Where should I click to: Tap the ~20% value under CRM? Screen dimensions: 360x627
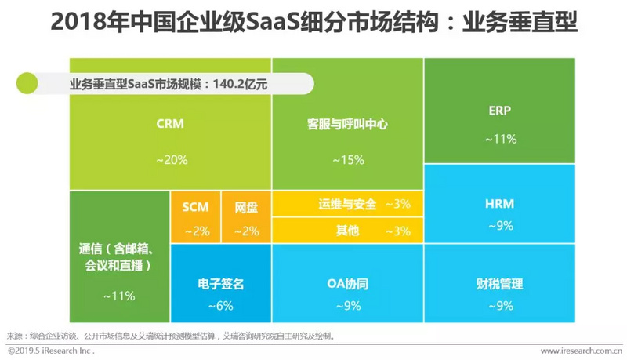tap(171, 160)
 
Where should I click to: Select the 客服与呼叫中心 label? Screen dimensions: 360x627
tap(347, 124)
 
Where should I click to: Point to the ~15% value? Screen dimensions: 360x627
tap(347, 160)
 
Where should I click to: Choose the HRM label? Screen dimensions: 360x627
tap(499, 204)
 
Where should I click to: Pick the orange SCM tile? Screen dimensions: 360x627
tap(196, 217)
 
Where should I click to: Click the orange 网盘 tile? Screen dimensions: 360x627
tap(246, 217)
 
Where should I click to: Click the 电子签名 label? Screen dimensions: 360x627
tap(221, 284)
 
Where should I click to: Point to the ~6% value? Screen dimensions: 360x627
tap(221, 306)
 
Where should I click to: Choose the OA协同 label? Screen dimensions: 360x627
tap(347, 284)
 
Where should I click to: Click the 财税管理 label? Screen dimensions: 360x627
tap(499, 284)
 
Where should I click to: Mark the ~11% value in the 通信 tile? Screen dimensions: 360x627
tap(118, 296)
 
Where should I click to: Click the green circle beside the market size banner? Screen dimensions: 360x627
tap(27, 82)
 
